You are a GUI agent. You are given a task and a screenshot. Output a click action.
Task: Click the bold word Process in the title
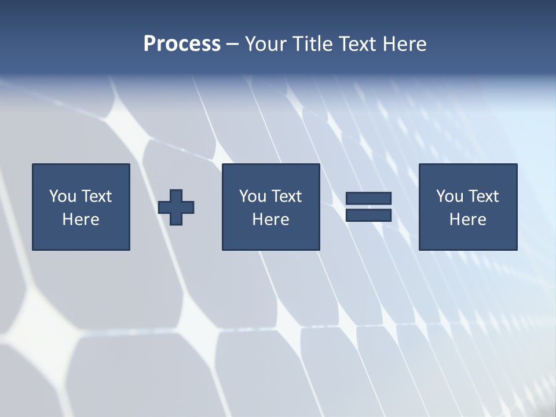coord(182,44)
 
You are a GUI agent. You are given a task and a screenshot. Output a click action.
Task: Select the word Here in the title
coord(404,44)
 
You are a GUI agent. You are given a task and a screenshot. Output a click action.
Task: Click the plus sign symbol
coord(176,207)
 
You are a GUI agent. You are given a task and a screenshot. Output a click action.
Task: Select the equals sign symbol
coord(368,207)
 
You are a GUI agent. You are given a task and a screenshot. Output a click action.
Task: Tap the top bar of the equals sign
coord(368,199)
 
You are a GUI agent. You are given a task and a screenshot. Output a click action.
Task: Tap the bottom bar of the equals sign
coord(368,215)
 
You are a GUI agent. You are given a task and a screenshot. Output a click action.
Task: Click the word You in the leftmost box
coord(63,196)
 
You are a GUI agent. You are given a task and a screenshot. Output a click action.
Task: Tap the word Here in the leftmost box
coord(81,220)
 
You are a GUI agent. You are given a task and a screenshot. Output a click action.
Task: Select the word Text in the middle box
coord(286,196)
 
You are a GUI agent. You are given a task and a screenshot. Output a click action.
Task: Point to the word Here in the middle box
coord(270,220)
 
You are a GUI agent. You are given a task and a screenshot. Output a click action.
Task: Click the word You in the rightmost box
coord(450,196)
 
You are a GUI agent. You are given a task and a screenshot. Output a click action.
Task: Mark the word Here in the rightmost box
coord(467,220)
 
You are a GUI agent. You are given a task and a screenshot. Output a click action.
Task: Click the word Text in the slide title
coord(358,44)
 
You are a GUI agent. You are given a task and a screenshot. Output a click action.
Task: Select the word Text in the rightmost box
coord(483,196)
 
